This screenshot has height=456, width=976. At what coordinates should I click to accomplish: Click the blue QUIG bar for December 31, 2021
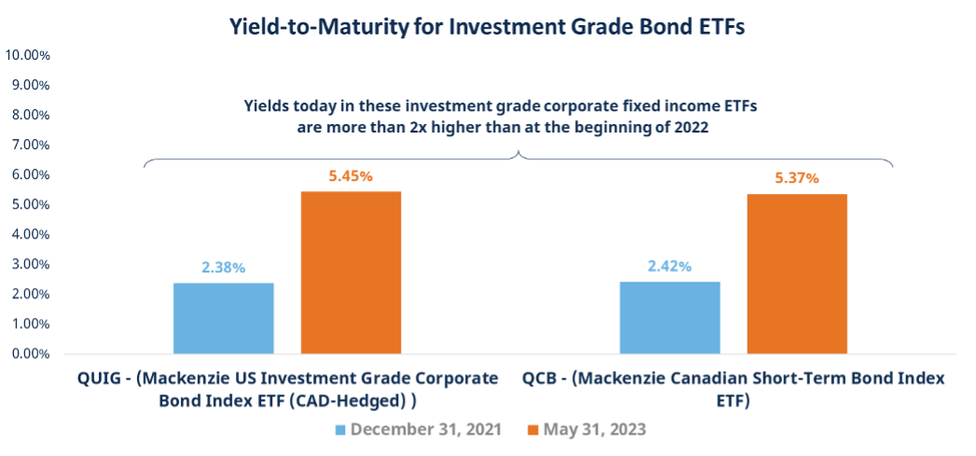pos(224,318)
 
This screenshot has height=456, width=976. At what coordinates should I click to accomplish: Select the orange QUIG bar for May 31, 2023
pos(351,272)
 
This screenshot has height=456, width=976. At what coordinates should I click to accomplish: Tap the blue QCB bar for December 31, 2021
pos(670,317)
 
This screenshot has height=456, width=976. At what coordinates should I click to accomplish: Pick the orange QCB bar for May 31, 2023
pos(797,273)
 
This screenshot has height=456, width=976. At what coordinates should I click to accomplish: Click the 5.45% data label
pos(351,176)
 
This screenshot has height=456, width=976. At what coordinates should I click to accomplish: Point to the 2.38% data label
pos(224,268)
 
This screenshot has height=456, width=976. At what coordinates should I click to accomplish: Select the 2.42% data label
pos(670,267)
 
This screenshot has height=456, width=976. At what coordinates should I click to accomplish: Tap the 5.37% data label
pos(797,178)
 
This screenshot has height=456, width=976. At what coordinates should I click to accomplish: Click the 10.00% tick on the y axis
pos(27,55)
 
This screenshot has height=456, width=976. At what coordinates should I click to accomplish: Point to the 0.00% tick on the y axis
pos(30,354)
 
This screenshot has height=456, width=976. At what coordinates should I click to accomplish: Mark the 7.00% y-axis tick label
pos(30,145)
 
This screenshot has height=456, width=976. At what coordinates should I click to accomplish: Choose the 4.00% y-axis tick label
pos(30,234)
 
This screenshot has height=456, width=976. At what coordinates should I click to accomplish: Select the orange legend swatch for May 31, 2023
pos(534,430)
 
